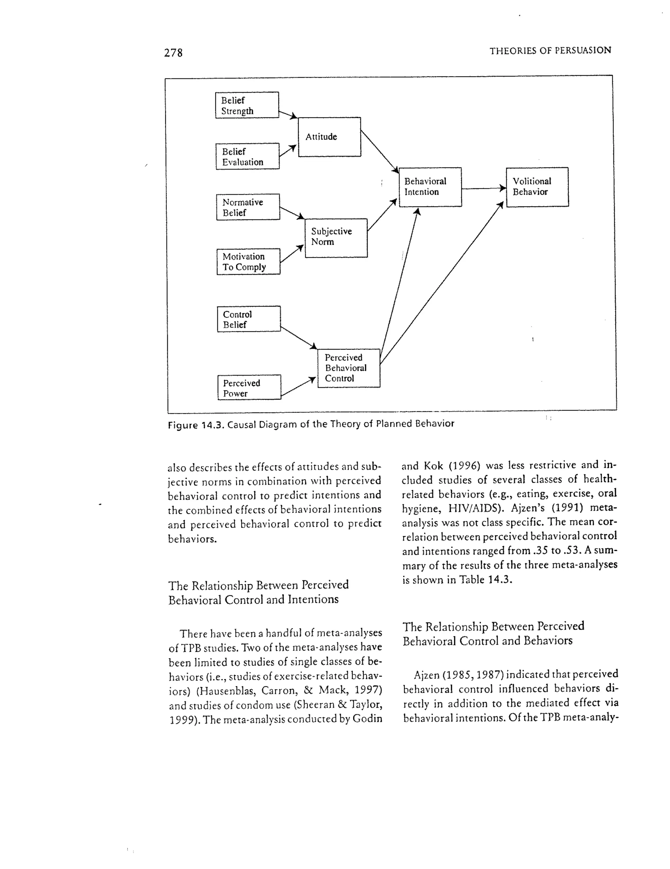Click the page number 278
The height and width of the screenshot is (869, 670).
click(173, 53)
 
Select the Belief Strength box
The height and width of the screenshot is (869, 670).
click(247, 105)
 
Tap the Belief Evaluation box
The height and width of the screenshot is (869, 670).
click(247, 156)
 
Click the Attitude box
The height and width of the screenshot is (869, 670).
click(329, 137)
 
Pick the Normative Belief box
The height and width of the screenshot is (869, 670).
click(248, 207)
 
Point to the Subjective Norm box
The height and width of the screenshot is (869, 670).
click(336, 237)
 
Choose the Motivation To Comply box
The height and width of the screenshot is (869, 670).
click(248, 261)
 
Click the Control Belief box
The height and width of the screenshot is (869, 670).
click(248, 319)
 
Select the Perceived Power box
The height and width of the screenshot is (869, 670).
click(249, 387)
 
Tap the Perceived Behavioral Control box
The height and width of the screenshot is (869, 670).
click(348, 368)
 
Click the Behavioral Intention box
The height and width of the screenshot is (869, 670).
click(430, 187)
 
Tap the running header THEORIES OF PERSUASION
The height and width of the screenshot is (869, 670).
click(550, 51)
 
